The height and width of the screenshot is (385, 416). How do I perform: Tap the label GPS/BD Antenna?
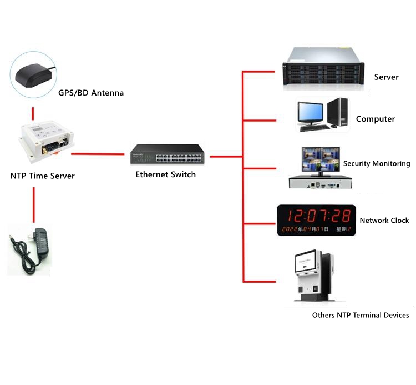pos(91,93)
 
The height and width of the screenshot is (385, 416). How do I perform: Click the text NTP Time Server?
pos(42,176)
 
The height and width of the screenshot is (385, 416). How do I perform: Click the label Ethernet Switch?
pos(166,174)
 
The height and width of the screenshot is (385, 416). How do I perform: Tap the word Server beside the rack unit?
pos(386,77)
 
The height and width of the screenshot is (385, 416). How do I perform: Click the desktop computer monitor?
pos(311,114)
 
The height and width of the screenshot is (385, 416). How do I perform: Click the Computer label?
pos(376,119)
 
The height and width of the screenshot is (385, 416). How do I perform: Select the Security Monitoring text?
pos(377,163)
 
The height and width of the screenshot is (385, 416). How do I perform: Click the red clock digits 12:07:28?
pos(314,215)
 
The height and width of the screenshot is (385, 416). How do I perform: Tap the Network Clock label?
pos(384,221)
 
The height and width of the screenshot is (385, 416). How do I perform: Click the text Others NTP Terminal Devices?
pos(361,315)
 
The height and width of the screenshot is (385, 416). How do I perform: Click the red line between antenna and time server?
pos(34,113)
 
